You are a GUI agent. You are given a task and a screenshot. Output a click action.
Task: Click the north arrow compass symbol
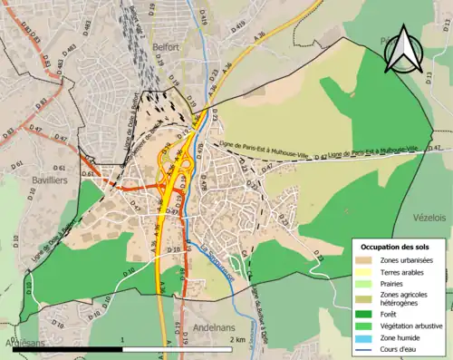(x=403, y=53)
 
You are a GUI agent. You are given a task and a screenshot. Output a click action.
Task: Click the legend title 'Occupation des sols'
(x=395, y=247)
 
